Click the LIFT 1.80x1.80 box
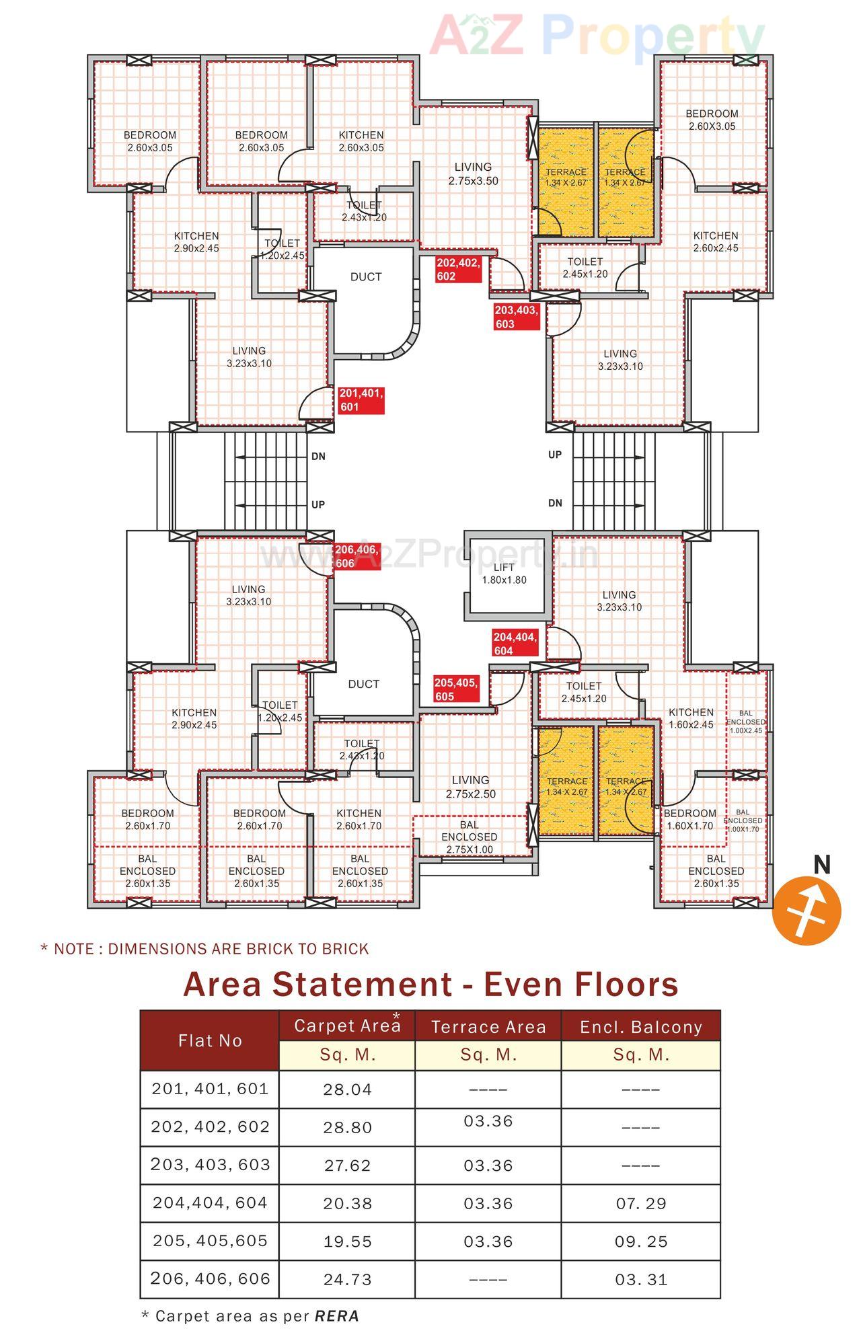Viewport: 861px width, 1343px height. tap(504, 574)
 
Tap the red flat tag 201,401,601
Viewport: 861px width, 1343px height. tap(361, 400)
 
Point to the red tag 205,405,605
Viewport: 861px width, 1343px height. tap(456, 689)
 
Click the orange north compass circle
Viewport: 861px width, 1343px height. tap(807, 911)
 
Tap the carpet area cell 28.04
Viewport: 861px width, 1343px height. tap(347, 1089)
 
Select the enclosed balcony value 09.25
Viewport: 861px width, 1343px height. tap(641, 1241)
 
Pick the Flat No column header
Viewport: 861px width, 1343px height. tap(210, 1040)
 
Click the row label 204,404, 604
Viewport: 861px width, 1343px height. tap(210, 1203)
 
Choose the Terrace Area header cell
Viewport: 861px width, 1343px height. tap(488, 1027)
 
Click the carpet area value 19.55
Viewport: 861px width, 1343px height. tap(347, 1241)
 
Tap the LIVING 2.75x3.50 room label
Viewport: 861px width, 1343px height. tap(473, 174)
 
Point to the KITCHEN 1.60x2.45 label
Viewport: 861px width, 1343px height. tap(691, 718)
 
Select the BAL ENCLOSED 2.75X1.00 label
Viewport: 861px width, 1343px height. tap(470, 837)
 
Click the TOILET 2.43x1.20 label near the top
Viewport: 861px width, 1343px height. tap(364, 211)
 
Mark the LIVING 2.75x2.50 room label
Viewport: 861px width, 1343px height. tap(471, 787)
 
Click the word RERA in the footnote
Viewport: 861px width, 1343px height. tap(337, 1316)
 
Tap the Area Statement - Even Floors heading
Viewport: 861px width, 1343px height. tap(430, 985)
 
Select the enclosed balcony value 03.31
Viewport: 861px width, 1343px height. tap(641, 1279)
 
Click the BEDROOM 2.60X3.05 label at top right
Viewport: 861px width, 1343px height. tap(712, 120)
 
